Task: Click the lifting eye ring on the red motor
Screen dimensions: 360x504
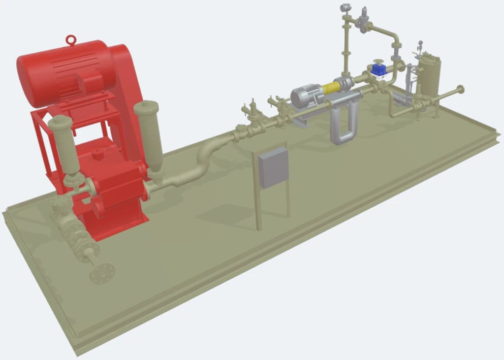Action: tap(72, 40)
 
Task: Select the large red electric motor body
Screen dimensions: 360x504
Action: tap(61, 71)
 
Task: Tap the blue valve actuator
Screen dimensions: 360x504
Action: tap(377, 70)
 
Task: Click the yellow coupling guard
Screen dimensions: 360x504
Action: tap(331, 87)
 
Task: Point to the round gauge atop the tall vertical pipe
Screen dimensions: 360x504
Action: tap(345, 7)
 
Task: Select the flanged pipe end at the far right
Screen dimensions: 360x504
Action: tap(460, 90)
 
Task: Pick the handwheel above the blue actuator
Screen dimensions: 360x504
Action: tap(377, 62)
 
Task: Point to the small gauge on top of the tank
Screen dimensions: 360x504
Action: tap(420, 45)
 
